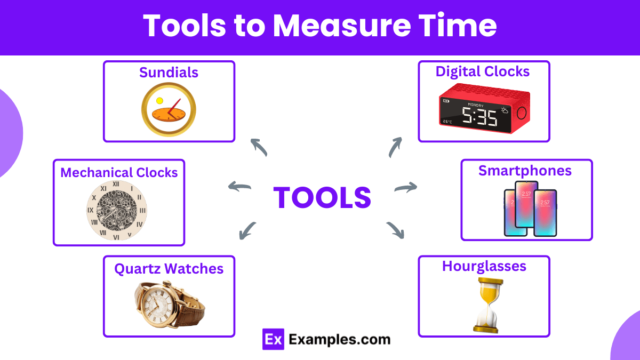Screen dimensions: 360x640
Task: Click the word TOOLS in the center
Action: pyautogui.click(x=322, y=197)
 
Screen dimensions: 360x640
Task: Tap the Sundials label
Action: pyautogui.click(x=169, y=73)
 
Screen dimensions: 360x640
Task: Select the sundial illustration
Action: pyautogui.click(x=169, y=110)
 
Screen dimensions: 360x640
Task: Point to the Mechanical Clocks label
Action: pyautogui.click(x=119, y=173)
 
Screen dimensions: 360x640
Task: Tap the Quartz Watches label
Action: pyautogui.click(x=169, y=268)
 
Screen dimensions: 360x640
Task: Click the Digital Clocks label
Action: pyautogui.click(x=483, y=71)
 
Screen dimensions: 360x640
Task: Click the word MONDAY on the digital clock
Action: pyautogui.click(x=476, y=105)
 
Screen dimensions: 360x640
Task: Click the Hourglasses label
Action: pyautogui.click(x=484, y=266)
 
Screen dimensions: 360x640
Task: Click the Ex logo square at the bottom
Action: pyautogui.click(x=273, y=339)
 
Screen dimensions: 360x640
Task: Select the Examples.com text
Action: pyautogui.click(x=339, y=339)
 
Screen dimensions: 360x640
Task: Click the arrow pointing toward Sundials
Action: pyautogui.click(x=259, y=147)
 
